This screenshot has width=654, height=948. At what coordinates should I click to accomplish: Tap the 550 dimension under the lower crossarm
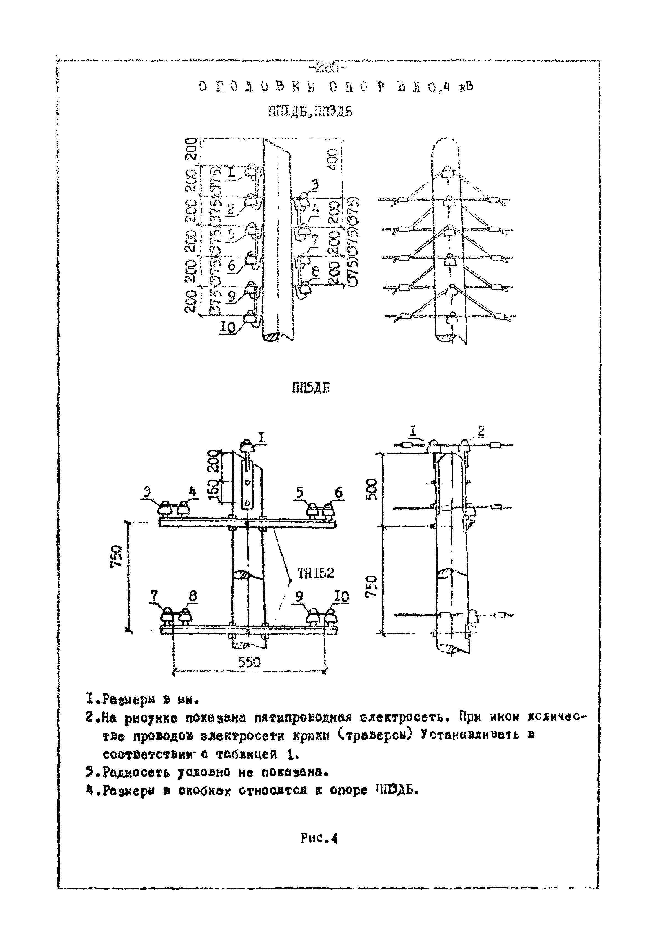click(x=249, y=662)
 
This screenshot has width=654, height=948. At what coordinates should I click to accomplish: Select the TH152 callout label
click(x=316, y=573)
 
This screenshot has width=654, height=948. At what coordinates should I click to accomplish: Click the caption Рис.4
click(x=319, y=839)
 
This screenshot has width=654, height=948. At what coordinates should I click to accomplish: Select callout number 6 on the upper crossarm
click(x=338, y=493)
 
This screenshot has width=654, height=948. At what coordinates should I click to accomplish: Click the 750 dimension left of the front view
click(x=116, y=556)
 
